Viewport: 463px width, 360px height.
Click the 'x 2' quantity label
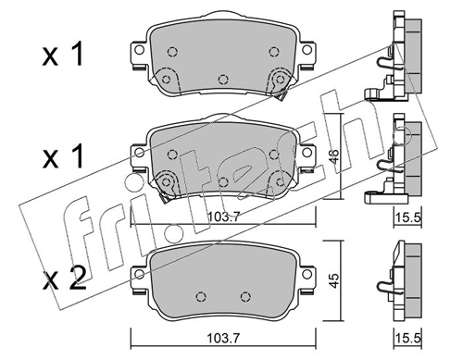tap(64, 279)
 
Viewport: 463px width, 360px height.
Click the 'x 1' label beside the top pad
tap(63, 55)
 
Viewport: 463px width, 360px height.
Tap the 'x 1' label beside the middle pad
tap(63, 156)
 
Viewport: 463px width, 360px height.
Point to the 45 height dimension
tap(334, 280)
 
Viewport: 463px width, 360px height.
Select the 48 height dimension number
tap(334, 156)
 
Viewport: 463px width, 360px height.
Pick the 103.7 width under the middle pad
tap(223, 217)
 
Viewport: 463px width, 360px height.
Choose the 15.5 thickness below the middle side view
tap(408, 218)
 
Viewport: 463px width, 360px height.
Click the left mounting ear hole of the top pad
tap(139, 50)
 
